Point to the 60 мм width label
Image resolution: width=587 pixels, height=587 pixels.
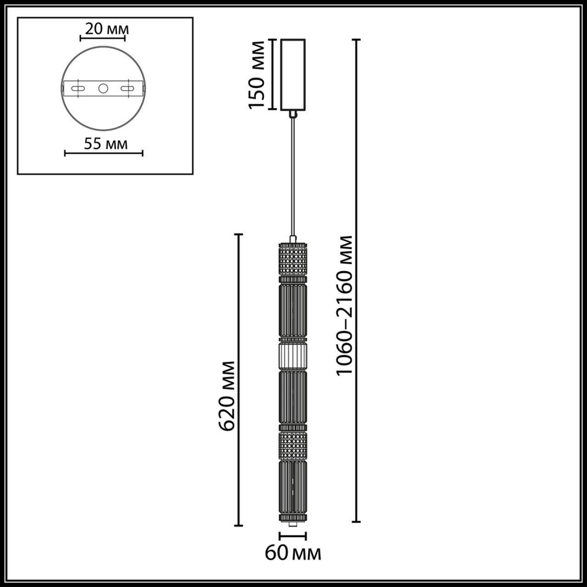293,552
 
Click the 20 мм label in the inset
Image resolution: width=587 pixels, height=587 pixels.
103,28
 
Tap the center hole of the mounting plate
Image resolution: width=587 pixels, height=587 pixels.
103,89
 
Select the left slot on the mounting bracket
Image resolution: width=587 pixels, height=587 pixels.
77,89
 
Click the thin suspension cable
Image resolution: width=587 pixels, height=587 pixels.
293,176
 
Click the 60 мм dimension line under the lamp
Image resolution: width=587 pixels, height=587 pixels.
293,536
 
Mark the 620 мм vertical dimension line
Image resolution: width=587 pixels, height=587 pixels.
238,379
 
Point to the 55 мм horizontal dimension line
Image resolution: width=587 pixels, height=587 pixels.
103,154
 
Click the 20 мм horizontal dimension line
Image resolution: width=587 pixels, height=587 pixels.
102,39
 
